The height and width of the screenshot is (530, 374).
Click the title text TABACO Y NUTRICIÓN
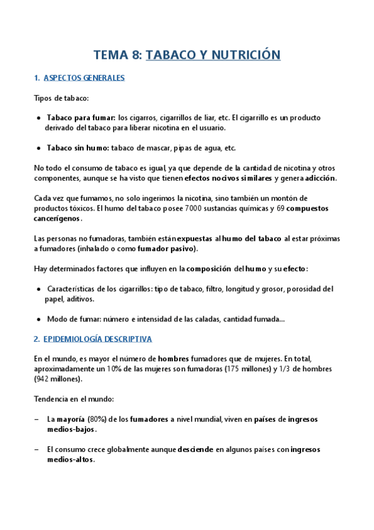point(213,55)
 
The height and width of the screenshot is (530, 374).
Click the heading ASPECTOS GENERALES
point(84,78)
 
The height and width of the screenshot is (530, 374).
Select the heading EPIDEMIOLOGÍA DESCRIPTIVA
point(98,339)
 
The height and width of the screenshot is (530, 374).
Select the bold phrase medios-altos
point(71,459)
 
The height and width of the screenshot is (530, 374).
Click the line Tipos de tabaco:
point(61,98)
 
